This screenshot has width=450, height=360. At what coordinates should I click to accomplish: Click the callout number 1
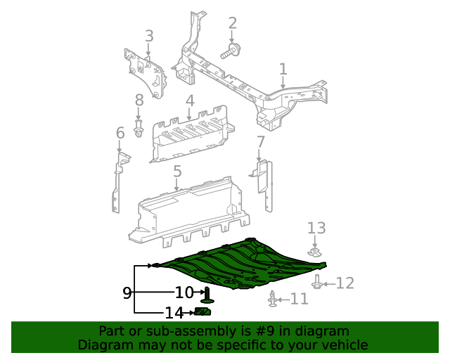point(283,69)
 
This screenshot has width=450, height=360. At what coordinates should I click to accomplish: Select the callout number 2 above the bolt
point(233,23)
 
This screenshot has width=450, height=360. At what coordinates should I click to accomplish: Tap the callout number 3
point(149,36)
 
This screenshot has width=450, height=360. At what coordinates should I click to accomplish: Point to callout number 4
point(190,101)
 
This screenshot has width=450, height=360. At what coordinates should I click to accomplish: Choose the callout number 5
point(177,171)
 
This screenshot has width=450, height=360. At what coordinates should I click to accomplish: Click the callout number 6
point(120,133)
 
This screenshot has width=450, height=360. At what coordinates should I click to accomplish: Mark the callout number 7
point(260,143)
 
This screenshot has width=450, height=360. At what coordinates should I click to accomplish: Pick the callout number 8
point(139,101)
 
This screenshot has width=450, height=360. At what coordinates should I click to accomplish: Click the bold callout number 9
point(127,293)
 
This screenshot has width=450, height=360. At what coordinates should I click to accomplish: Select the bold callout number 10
point(184,292)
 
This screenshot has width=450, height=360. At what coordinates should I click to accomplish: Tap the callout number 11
point(300,299)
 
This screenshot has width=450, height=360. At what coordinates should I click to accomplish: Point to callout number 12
point(345,283)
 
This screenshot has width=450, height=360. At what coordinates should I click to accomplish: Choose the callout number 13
point(316,228)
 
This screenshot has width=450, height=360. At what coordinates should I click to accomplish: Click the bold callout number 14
point(174,313)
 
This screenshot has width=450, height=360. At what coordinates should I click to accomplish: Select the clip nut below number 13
point(316,251)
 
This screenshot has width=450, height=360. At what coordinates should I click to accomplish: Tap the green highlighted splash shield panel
point(246,264)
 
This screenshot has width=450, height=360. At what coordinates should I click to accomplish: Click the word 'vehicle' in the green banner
point(342,345)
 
